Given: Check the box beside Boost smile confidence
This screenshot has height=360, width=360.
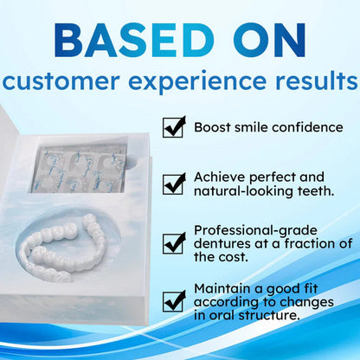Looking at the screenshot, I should pos(175,127).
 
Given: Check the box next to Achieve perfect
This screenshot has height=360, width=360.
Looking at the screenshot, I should pos(175,182).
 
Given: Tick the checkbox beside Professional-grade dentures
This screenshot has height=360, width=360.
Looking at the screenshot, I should pos(175,242).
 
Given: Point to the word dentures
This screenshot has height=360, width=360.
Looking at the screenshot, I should pos(221,243).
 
